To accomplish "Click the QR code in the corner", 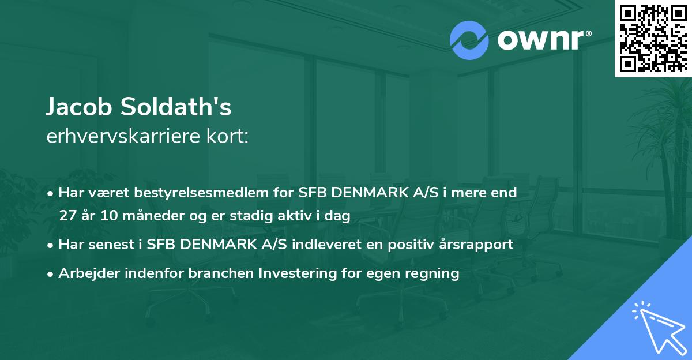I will tap(653, 38).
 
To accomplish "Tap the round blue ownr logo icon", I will tap(469, 40).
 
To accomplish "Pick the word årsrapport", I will tap(478, 244).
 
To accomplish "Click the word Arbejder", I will tap(85, 273).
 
